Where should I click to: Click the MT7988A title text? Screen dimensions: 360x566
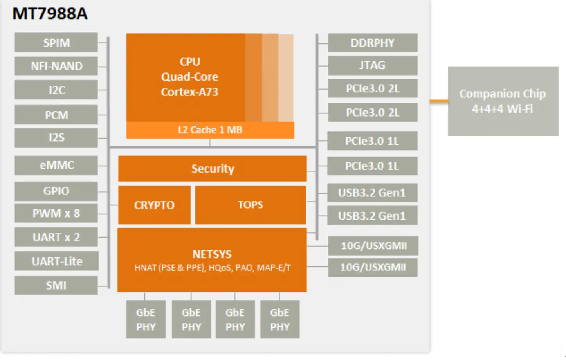pos(50,14)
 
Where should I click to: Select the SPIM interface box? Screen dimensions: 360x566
pos(56,43)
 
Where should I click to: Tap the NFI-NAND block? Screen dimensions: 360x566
pos(56,66)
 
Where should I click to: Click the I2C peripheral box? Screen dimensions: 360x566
pos(56,90)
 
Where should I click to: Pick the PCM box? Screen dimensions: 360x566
pos(56,115)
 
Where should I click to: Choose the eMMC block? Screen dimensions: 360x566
pos(56,165)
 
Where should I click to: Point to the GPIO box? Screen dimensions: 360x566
pos(56,191)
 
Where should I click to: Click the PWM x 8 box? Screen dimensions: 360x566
pos(56,213)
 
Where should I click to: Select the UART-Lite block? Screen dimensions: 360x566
pos(56,261)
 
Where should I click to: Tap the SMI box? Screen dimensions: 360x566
pos(56,285)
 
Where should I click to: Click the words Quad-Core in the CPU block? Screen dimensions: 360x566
pos(189,77)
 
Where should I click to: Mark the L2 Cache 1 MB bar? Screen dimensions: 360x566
pos(210,130)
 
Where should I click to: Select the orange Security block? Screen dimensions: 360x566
pos(213,169)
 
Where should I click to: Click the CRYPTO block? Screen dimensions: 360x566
pos(154,205)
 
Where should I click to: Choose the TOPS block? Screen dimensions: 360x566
pos(251,205)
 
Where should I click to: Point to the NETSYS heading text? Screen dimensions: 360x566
pos(212,254)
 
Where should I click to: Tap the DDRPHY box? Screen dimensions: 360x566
pos(372,43)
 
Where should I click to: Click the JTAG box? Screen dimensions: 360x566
pos(372,65)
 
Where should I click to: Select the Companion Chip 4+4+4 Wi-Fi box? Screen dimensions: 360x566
pos(503,101)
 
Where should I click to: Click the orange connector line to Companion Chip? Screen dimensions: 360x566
pos(439,101)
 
